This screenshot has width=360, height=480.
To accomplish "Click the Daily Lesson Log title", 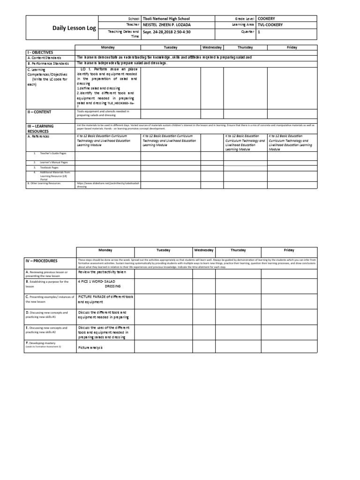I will [74, 28].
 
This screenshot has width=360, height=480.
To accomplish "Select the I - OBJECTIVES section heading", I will [41, 52].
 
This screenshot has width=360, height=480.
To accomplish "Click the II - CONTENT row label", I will [39, 112].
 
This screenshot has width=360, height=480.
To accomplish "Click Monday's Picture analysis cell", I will [90, 348].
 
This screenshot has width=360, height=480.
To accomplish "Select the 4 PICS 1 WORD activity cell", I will [99, 284].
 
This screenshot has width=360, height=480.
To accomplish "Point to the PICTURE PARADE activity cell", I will [105, 299].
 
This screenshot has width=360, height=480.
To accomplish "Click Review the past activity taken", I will [102, 272].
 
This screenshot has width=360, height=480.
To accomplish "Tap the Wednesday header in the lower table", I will [203, 250].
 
